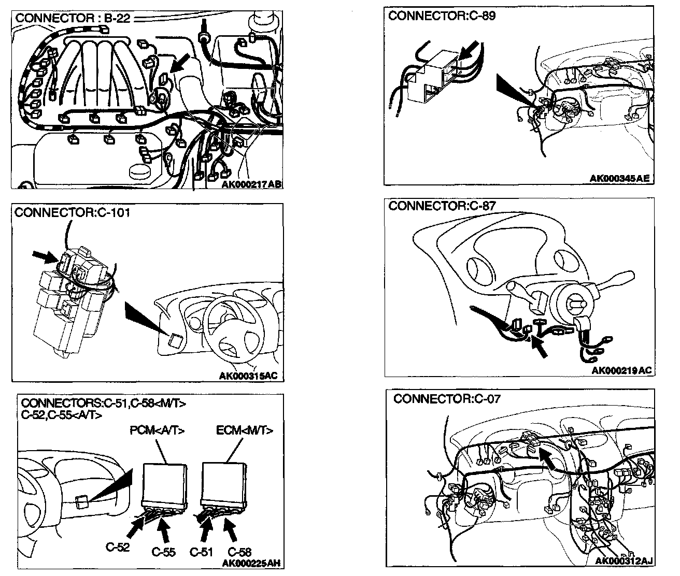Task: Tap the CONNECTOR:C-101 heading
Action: tap(73, 213)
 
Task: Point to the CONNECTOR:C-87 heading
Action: tap(442, 206)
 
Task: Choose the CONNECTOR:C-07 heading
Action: tap(447, 399)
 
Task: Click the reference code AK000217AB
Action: tap(252, 184)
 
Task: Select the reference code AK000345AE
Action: tap(620, 179)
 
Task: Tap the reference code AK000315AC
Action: tap(251, 376)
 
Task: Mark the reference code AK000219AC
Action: tap(621, 370)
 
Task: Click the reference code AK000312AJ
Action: tap(624, 561)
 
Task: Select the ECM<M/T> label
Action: tap(245, 430)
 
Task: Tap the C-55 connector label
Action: tap(163, 552)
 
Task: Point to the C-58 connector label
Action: tap(239, 552)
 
